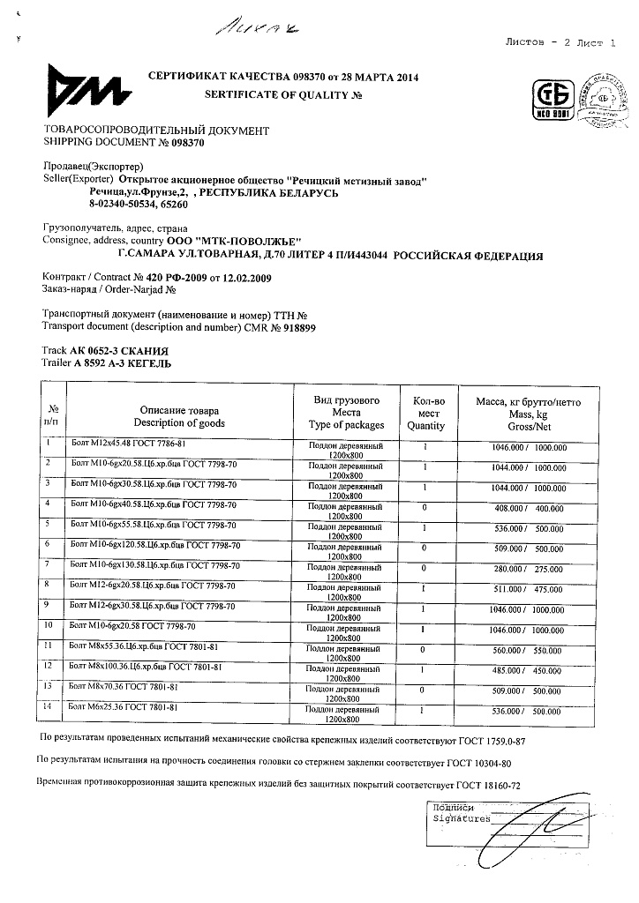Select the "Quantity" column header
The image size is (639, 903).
(x=425, y=424)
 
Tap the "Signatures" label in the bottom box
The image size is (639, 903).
(x=462, y=818)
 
